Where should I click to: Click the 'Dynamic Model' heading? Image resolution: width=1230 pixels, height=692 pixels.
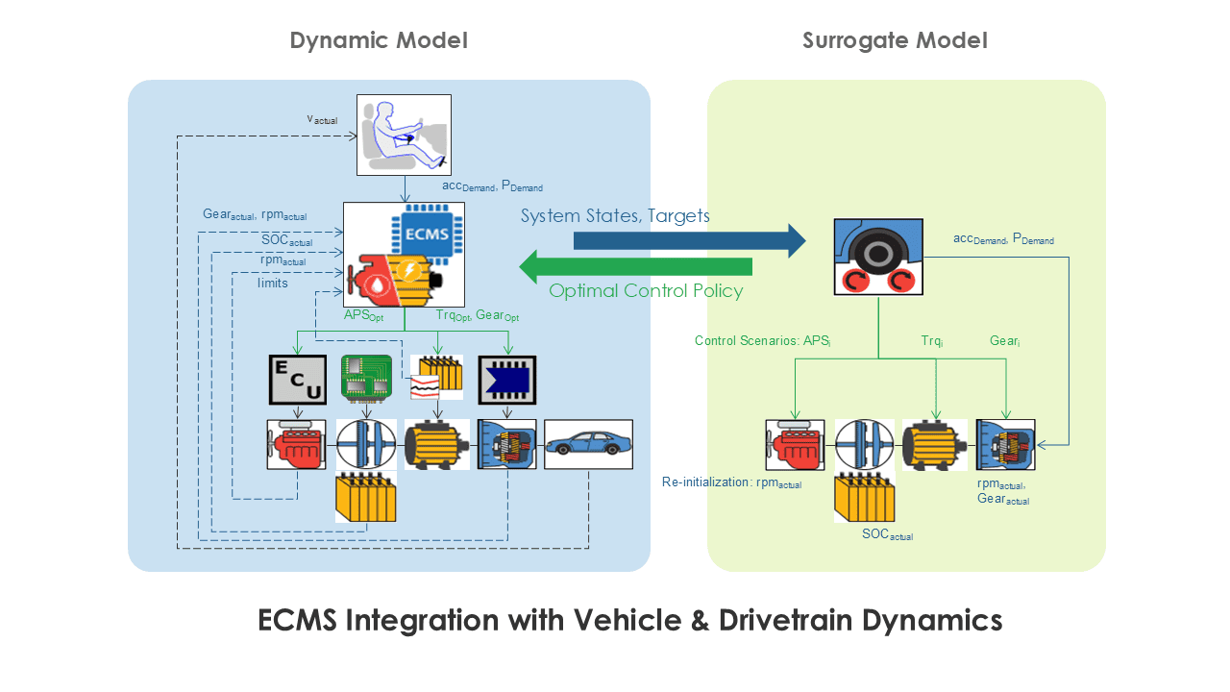(x=379, y=40)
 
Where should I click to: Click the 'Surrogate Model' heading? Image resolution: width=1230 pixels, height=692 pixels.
(x=895, y=40)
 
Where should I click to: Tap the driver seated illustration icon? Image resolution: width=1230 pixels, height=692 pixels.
(x=405, y=136)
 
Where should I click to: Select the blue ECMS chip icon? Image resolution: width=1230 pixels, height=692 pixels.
(x=428, y=233)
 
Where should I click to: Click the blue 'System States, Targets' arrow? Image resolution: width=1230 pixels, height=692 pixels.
(x=690, y=240)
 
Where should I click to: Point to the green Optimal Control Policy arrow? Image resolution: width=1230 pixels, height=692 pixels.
(x=636, y=267)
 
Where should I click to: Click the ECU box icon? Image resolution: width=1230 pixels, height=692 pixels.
(x=298, y=380)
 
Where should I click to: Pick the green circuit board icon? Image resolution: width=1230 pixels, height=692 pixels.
(x=366, y=378)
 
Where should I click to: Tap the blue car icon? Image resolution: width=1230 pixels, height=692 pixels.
(x=589, y=444)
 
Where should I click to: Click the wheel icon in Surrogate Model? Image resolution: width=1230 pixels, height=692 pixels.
(x=878, y=257)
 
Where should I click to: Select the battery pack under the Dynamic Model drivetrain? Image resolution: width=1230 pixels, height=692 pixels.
(x=366, y=497)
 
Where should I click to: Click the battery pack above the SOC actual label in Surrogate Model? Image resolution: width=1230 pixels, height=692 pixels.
(x=864, y=497)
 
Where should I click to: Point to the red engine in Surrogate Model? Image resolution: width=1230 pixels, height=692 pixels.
(x=795, y=445)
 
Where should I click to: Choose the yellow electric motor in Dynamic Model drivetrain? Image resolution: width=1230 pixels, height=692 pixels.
(x=437, y=444)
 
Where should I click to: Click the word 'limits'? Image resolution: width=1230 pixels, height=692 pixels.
(x=272, y=283)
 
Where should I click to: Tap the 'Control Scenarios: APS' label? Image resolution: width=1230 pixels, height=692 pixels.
(x=763, y=341)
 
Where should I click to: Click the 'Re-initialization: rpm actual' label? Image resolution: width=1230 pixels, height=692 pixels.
(x=731, y=482)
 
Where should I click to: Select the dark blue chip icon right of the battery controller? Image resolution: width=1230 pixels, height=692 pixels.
(x=506, y=380)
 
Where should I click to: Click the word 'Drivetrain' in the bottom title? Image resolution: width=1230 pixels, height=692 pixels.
(x=786, y=620)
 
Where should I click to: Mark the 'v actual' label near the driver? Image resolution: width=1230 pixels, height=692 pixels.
(x=322, y=119)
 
